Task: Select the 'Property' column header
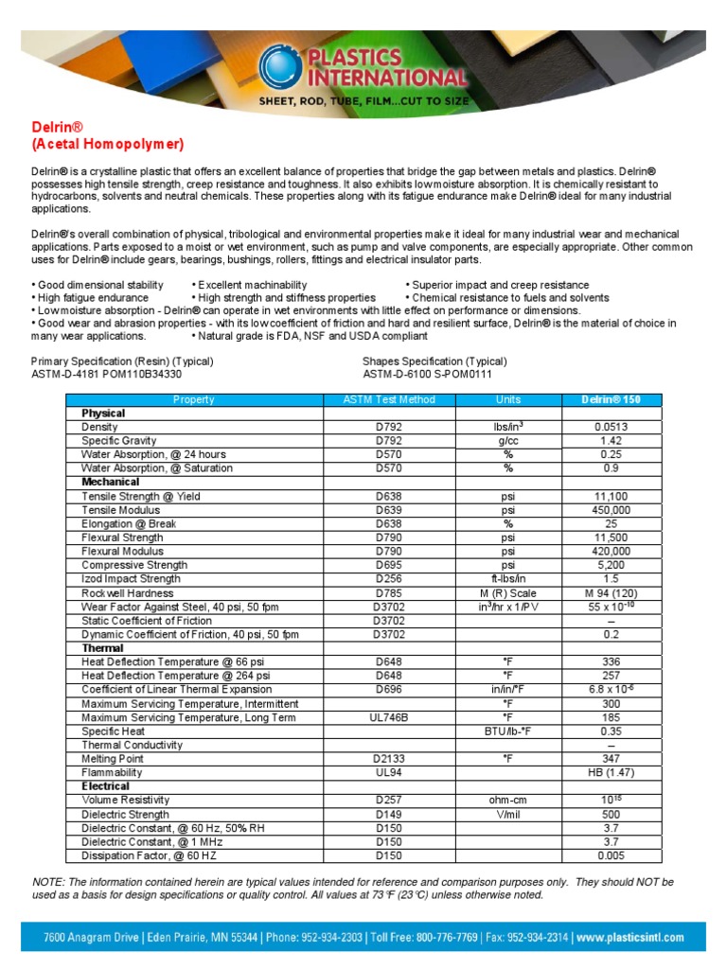click(x=194, y=400)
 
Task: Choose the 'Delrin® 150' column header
click(x=611, y=400)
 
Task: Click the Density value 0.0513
click(x=611, y=428)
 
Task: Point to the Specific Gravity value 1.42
click(x=611, y=441)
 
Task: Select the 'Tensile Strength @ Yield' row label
click(x=141, y=496)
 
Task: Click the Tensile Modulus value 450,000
click(x=611, y=510)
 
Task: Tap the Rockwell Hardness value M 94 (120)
click(x=611, y=592)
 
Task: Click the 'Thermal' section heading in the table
click(x=103, y=648)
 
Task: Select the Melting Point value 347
click(x=611, y=758)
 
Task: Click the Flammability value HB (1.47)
click(x=611, y=772)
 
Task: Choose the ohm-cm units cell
click(x=508, y=801)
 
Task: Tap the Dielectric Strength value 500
click(x=611, y=814)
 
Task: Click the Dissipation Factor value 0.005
click(x=611, y=855)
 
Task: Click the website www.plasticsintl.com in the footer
click(x=629, y=938)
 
